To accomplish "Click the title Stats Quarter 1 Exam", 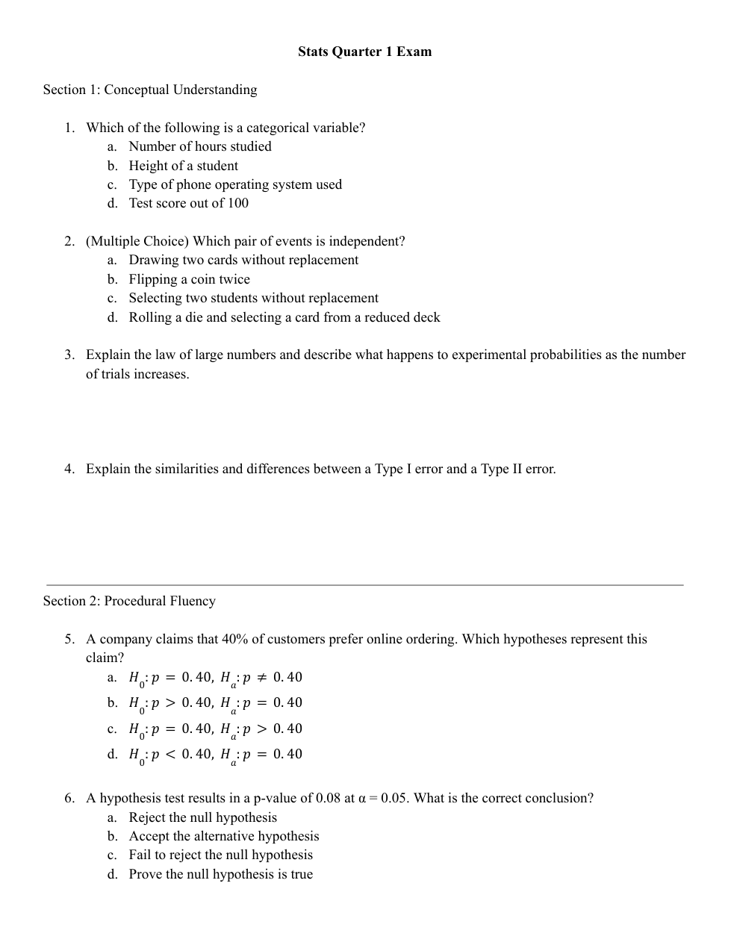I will pyautogui.click(x=364, y=52).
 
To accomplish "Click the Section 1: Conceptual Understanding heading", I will pyautogui.click(x=149, y=90).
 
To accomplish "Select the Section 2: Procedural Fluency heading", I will pyautogui.click(x=129, y=601).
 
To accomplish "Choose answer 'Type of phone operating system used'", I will pyautogui.click(x=235, y=184).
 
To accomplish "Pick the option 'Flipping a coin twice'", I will pyautogui.click(x=189, y=279).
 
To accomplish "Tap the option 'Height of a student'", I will pyautogui.click(x=183, y=166).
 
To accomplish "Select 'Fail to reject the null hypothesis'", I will pyautogui.click(x=220, y=855).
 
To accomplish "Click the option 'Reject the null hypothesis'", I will pyautogui.click(x=202, y=817).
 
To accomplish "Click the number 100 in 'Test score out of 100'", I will pyautogui.click(x=238, y=203).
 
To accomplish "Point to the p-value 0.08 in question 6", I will pyautogui.click(x=329, y=798).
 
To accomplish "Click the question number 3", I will pyautogui.click(x=69, y=355).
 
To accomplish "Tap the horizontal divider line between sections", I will pyautogui.click(x=364, y=585).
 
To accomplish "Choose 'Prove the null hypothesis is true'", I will pyautogui.click(x=220, y=874).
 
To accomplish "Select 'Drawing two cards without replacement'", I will pyautogui.click(x=243, y=260).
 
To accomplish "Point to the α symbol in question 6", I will pyautogui.click(x=362, y=798).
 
